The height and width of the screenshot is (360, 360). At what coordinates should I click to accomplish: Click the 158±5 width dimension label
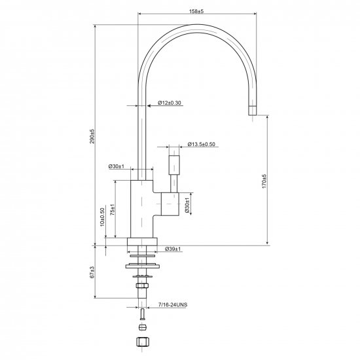coord(196,11)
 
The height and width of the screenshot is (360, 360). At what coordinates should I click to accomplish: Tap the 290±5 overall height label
coord(92,136)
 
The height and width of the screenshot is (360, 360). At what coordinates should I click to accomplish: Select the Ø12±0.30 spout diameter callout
coord(170,103)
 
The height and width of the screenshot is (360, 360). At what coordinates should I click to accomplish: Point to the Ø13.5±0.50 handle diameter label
coord(201,144)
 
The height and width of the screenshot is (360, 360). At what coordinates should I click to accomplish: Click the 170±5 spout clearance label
coord(264,181)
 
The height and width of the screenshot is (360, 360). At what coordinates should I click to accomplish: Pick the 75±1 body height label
coord(113,209)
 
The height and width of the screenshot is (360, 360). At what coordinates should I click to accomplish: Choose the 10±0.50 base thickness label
coord(102,217)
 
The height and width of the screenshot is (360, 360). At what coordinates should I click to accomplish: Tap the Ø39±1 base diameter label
coord(173,249)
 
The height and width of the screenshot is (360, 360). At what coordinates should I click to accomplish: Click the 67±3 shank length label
coord(92,272)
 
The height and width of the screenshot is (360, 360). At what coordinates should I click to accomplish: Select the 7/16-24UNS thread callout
coord(173,304)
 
